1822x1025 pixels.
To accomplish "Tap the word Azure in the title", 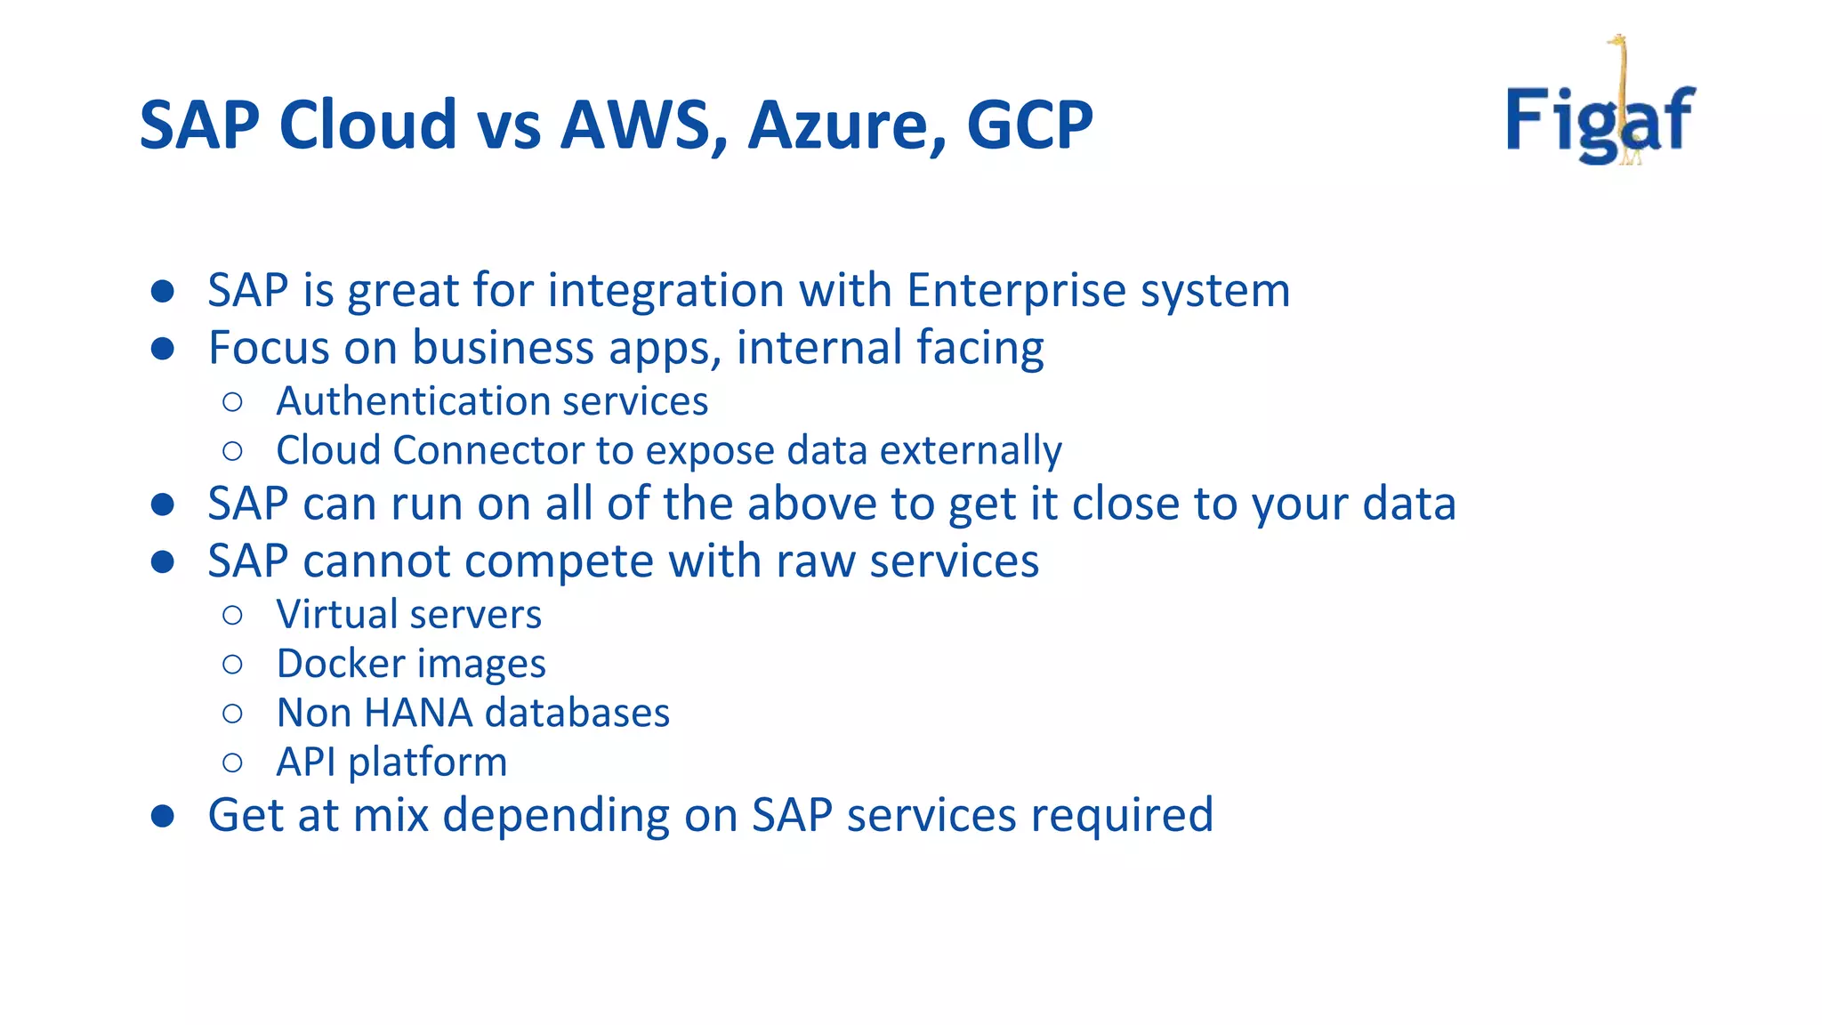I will (x=846, y=125).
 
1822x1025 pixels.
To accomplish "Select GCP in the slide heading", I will (x=1029, y=125).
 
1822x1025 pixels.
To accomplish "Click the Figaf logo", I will (x=1600, y=116).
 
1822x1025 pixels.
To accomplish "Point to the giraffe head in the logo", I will (x=1616, y=41).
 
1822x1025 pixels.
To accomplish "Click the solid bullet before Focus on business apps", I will (x=162, y=349).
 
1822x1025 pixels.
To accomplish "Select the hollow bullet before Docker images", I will (x=232, y=665).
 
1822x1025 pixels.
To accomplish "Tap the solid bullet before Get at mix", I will (x=162, y=816).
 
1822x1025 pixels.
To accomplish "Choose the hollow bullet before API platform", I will (x=232, y=763).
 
